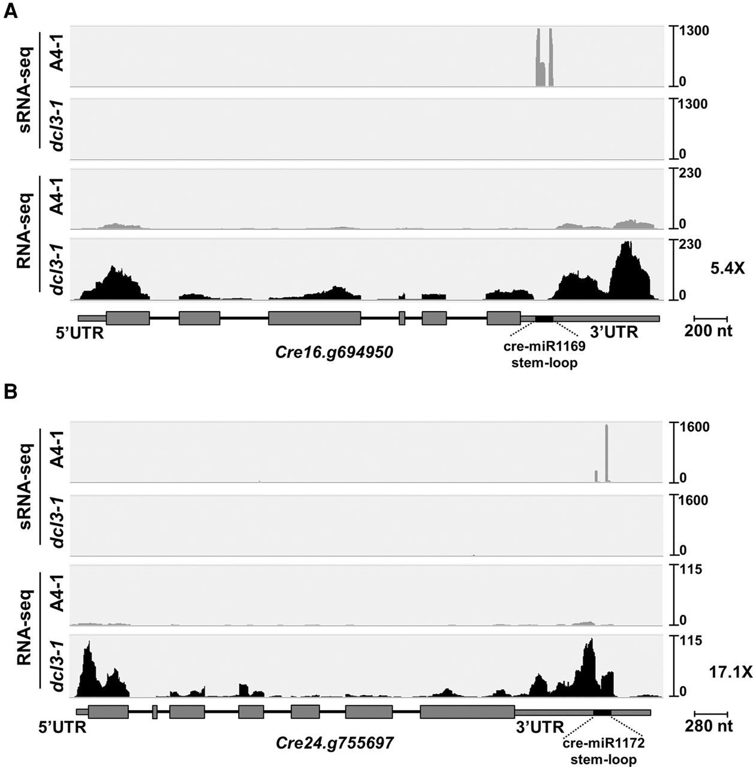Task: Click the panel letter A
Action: coord(10,13)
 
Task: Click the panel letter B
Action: coord(10,394)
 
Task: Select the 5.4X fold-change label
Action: coord(727,270)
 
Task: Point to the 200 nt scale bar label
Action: coord(710,331)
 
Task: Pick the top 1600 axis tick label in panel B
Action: coord(694,427)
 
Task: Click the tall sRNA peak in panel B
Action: coord(607,452)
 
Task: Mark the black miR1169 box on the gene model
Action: coord(544,318)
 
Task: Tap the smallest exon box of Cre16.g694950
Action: coord(402,318)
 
